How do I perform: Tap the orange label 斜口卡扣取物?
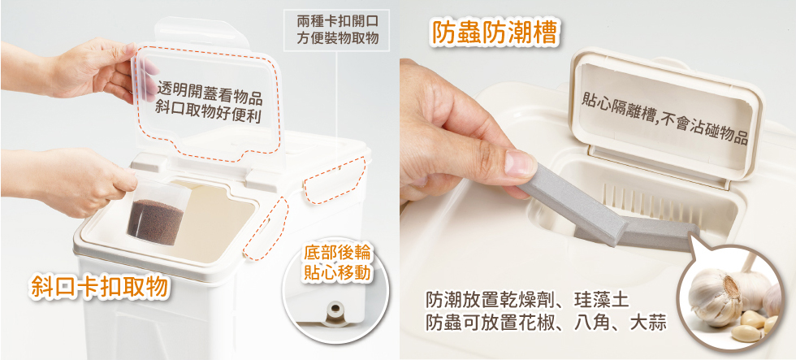pos(99,286)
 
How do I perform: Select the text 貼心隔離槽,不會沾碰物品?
pos(664,118)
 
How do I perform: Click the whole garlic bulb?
pos(716,294)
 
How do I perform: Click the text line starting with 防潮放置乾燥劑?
pos(527,300)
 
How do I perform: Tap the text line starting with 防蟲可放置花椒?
pos(546,323)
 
